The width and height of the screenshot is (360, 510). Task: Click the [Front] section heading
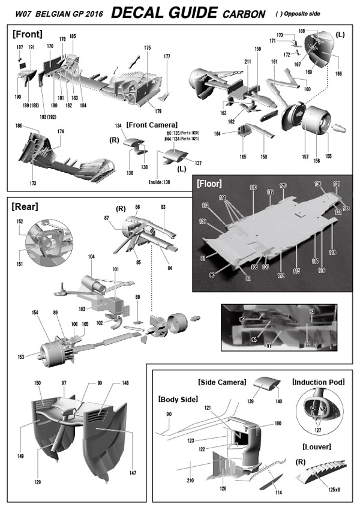click(27, 35)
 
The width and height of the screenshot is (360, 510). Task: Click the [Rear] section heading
click(25, 207)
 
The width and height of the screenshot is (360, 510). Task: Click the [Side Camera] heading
click(221, 382)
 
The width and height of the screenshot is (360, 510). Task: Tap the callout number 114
click(277, 493)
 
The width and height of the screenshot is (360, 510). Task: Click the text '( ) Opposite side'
click(318, 13)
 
